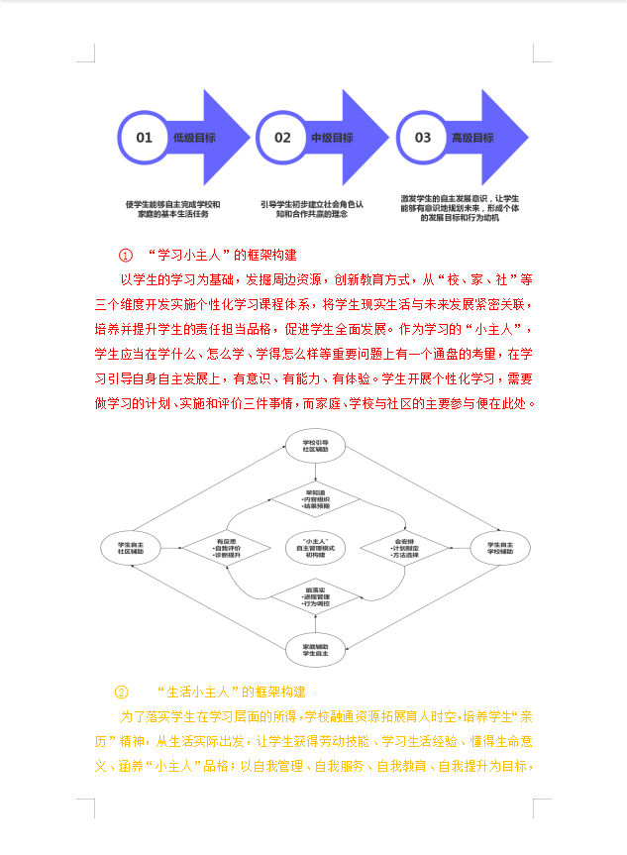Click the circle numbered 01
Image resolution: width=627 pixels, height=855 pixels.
point(145,138)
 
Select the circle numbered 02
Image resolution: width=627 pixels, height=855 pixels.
point(283,138)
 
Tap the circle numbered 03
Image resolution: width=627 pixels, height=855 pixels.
point(423,138)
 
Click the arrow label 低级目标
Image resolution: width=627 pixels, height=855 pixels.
point(194,138)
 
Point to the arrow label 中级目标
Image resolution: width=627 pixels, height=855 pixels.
point(333,138)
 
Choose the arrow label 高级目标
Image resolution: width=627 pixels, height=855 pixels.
point(472,138)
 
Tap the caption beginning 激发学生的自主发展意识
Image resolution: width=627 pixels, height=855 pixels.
point(452,209)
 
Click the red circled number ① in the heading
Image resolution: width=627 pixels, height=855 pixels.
point(126,256)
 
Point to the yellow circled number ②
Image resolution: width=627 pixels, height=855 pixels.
point(122,692)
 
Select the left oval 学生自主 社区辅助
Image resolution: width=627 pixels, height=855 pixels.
point(132,548)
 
